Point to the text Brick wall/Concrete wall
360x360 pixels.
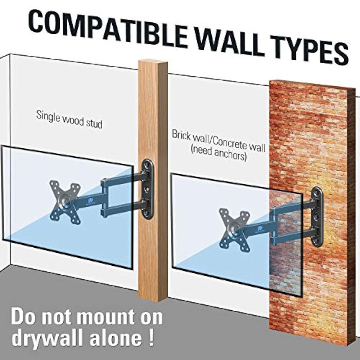219,141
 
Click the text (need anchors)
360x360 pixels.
219,156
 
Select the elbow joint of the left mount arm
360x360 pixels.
104,198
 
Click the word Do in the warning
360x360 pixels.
25,316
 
